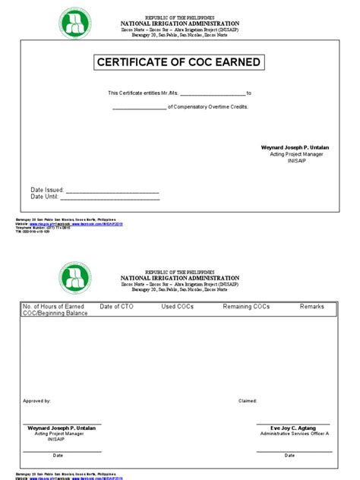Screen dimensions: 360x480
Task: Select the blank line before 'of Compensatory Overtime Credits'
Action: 139,108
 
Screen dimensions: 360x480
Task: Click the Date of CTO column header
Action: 115,306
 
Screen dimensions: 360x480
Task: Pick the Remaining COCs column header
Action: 246,306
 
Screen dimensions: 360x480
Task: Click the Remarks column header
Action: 311,306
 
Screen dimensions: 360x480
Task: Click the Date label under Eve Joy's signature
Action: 289,456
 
